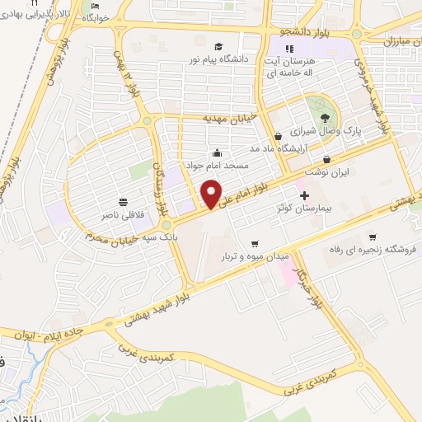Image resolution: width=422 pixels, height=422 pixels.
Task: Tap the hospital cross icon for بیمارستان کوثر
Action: [x=304, y=196]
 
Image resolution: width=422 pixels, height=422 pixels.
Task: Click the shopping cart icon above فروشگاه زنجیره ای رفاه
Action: [x=373, y=237]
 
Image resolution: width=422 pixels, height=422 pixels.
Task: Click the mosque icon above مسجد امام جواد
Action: [x=217, y=152]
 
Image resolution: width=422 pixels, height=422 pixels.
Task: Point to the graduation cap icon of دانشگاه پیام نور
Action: [x=218, y=46]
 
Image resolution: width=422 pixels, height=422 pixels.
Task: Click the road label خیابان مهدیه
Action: [x=231, y=118]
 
